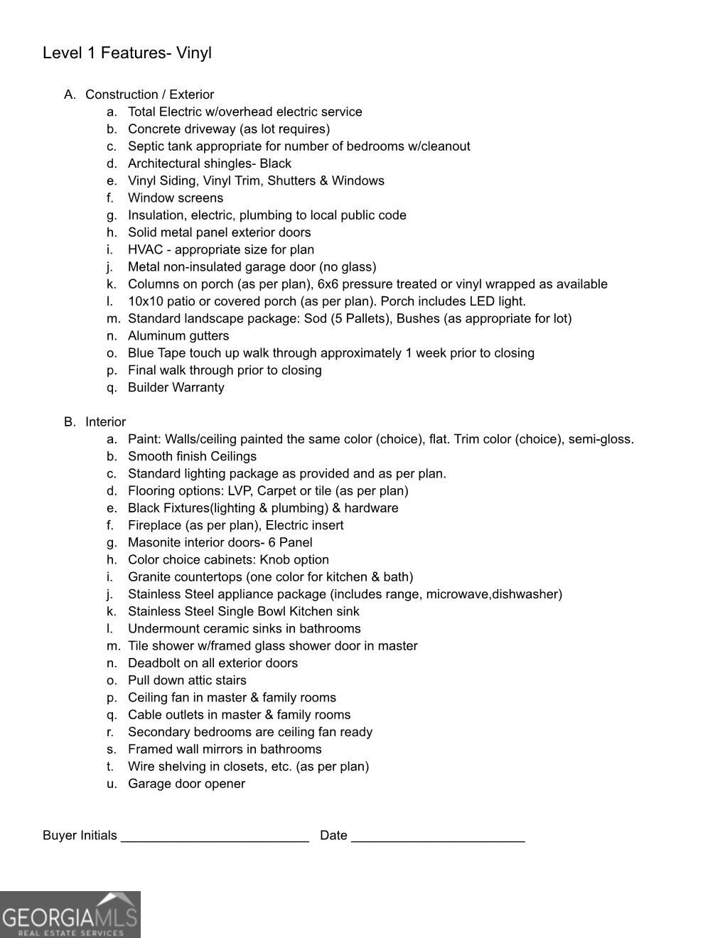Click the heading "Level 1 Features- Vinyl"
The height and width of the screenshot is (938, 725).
pyautogui.click(x=127, y=53)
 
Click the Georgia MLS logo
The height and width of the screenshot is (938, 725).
pyautogui.click(x=70, y=915)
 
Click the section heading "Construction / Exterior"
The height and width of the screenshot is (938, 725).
pyautogui.click(x=149, y=95)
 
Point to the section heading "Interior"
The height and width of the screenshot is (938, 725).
pyautogui.click(x=105, y=422)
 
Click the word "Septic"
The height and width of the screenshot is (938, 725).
pyautogui.click(x=145, y=146)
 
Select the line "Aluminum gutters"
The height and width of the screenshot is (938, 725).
pyautogui.click(x=178, y=336)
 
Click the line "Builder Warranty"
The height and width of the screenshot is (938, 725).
pyautogui.click(x=176, y=388)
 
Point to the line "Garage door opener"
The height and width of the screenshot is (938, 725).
pyautogui.click(x=186, y=784)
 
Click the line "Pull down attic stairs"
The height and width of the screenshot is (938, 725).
pyautogui.click(x=187, y=681)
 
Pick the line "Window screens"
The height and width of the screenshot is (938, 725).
pyautogui.click(x=176, y=198)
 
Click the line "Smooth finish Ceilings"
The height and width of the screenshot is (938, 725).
pyautogui.click(x=192, y=456)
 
